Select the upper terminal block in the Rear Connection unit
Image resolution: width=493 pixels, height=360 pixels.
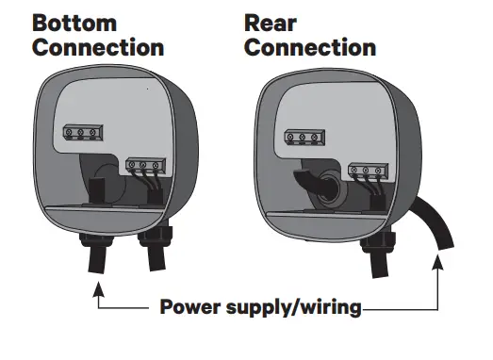pyautogui.click(x=302, y=138)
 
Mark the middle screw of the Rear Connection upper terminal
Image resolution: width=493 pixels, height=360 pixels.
pyautogui.click(x=302, y=139)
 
